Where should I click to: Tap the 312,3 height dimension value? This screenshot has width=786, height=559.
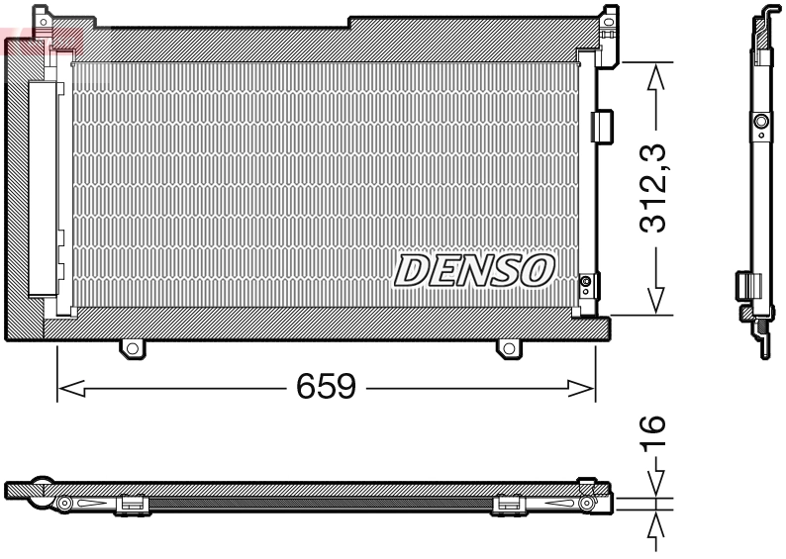pos(650,188)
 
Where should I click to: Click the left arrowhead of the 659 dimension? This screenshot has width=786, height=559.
pos(67,389)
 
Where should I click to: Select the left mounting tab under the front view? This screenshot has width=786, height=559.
pos(132,347)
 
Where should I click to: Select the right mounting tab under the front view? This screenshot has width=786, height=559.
pos(507,347)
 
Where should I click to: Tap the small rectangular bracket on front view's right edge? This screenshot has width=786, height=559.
pos(600,125)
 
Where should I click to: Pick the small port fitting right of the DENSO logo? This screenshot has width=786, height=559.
pos(586,285)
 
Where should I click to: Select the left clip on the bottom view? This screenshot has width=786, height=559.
pos(132,505)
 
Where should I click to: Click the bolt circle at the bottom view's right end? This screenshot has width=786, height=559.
pos(587,504)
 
